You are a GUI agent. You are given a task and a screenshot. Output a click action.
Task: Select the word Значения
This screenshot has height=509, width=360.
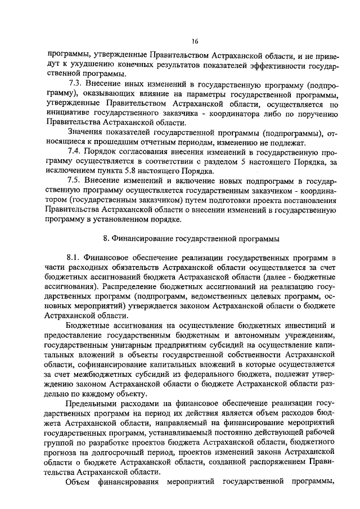pos(83,133)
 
